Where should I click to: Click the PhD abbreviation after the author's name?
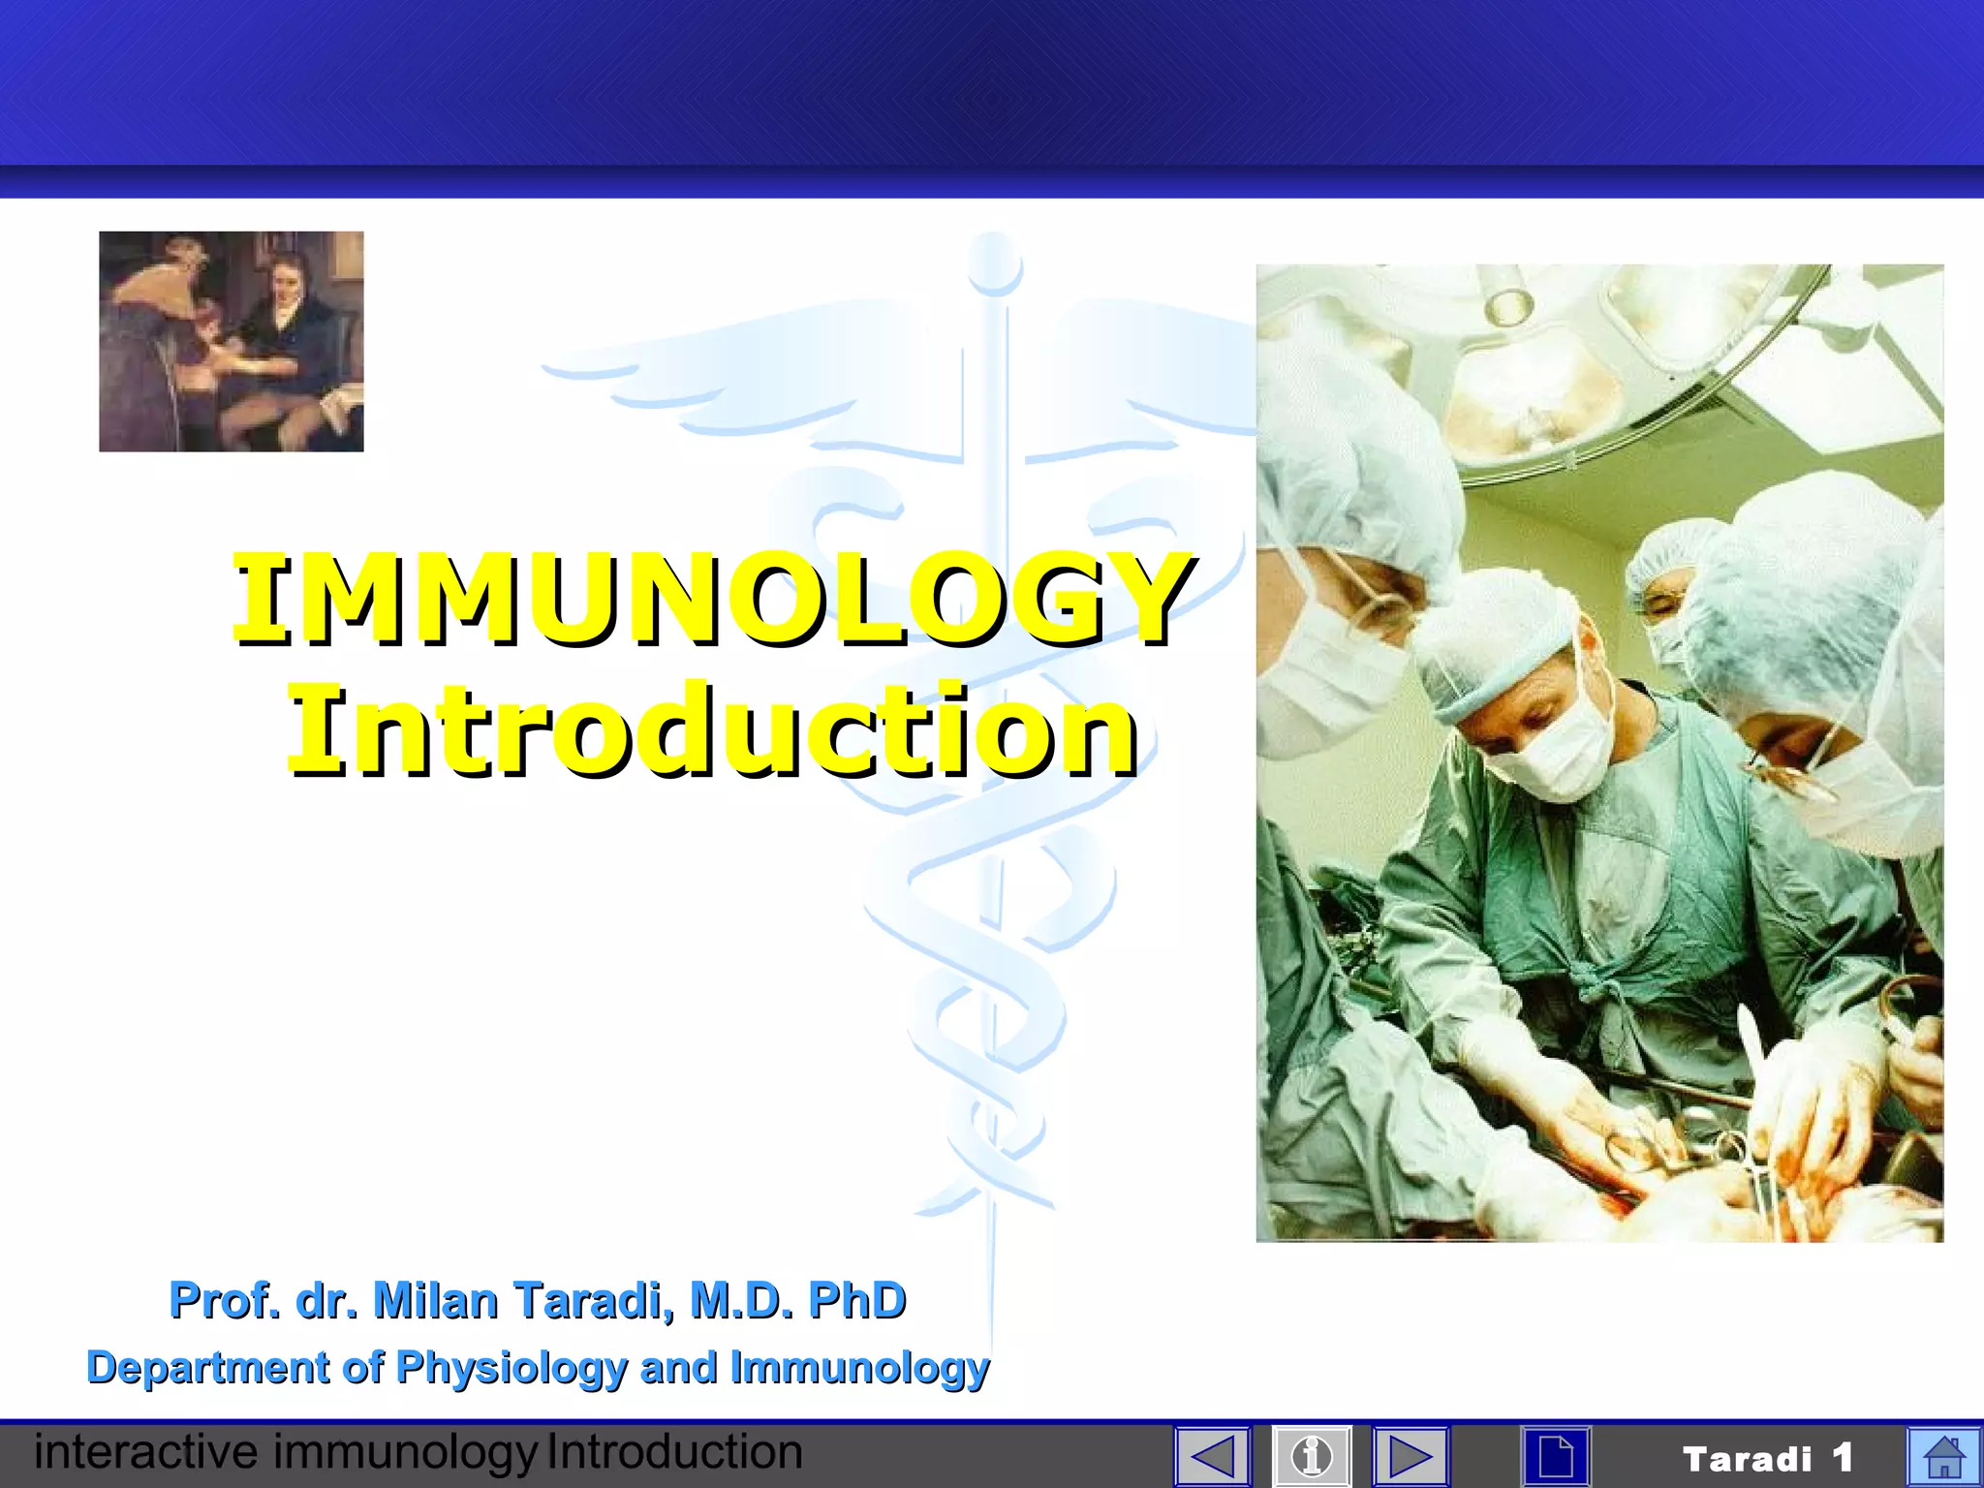coord(857,1300)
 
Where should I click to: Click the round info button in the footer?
coord(1312,1456)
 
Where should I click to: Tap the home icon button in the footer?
coord(1943,1456)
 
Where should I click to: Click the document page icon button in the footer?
coord(1556,1456)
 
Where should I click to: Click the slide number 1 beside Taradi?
coord(1843,1457)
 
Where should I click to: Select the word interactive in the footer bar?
coord(145,1452)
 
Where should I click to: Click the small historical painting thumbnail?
coord(232,341)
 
